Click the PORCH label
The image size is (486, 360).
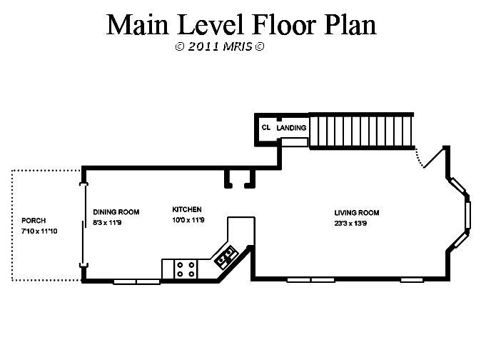(34, 221)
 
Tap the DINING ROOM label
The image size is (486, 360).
(116, 212)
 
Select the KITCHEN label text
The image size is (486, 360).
(187, 209)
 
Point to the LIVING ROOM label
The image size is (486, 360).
(357, 213)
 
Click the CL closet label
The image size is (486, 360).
(266, 128)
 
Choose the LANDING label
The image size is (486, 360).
(291, 128)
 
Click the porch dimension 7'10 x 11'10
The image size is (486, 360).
(39, 231)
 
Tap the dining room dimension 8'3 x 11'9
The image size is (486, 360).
(107, 223)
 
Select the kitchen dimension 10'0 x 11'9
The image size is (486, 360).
(188, 220)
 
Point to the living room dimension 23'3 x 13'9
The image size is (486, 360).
(350, 224)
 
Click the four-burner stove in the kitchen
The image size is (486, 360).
(186, 269)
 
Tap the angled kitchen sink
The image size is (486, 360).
(226, 256)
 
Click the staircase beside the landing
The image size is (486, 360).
(361, 131)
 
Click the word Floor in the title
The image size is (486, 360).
(285, 25)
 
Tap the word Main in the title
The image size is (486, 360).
(138, 25)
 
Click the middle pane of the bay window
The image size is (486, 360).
(468, 215)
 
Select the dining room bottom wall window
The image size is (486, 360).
(137, 281)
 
